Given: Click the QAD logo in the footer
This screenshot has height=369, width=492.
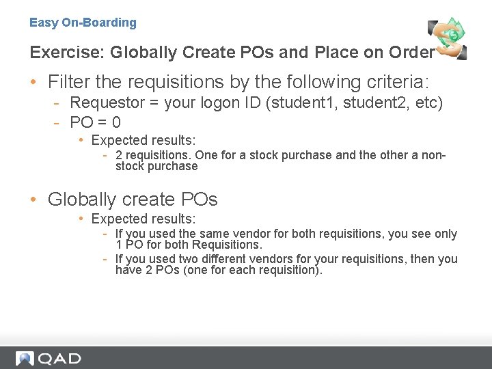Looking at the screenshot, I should click(x=49, y=358).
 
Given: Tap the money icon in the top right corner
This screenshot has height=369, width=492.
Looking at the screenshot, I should click(x=448, y=38).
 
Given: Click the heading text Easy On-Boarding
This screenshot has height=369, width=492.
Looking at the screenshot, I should click(x=83, y=23).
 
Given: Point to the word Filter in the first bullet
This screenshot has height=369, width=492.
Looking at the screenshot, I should click(x=69, y=82).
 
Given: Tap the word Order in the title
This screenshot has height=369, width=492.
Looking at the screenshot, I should click(x=412, y=52).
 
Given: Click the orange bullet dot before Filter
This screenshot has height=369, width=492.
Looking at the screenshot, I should click(x=33, y=83).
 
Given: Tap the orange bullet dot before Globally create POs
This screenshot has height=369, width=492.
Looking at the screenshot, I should click(x=33, y=200).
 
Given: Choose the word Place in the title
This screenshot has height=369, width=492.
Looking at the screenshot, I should click(x=335, y=52).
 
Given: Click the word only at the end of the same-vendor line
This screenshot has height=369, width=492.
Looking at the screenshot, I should click(x=443, y=234).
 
